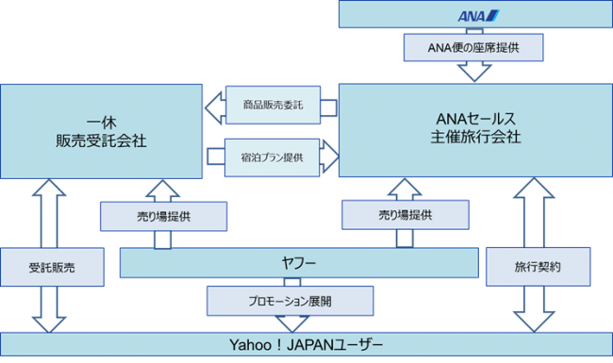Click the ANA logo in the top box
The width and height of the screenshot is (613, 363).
click(x=478, y=16)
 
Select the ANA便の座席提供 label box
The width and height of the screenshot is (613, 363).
click(x=473, y=48)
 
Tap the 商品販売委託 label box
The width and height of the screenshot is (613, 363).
click(x=273, y=105)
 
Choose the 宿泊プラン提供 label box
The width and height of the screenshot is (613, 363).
click(x=273, y=157)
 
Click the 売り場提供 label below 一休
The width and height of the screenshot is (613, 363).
click(x=163, y=217)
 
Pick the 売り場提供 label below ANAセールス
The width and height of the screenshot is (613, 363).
click(x=406, y=215)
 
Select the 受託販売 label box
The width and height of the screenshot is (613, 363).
click(x=52, y=267)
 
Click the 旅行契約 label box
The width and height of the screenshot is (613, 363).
click(x=538, y=267)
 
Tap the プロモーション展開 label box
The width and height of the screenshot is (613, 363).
click(x=290, y=302)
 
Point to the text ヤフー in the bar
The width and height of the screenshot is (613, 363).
click(x=299, y=263)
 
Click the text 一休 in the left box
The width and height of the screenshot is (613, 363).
click(x=101, y=124)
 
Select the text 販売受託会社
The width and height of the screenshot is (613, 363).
click(x=101, y=141)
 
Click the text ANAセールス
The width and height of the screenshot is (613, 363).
click(x=475, y=119)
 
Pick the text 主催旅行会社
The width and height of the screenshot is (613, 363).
click(x=475, y=137)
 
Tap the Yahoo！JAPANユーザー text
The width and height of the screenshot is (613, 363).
click(x=306, y=345)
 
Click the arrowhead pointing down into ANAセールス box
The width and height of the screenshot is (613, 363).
click(x=474, y=73)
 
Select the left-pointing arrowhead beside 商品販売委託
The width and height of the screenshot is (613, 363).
click(x=215, y=108)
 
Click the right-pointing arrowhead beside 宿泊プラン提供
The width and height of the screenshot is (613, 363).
click(x=329, y=157)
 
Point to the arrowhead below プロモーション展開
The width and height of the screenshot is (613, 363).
click(x=292, y=324)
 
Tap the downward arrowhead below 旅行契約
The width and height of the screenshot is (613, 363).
click(x=534, y=322)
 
